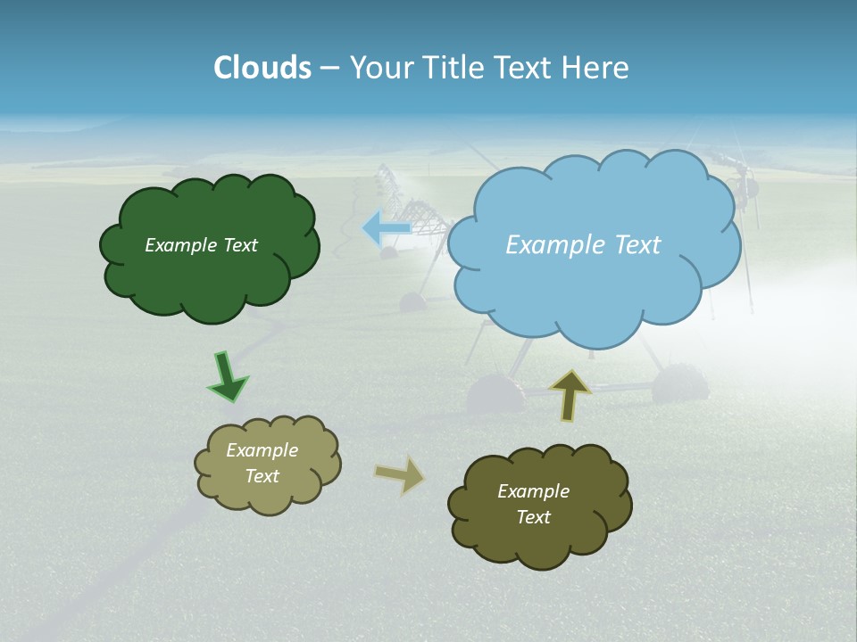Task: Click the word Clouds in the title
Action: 262,68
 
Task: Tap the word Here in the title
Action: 597,68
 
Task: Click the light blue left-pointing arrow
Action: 386,228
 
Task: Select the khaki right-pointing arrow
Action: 400,474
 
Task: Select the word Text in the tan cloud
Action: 262,476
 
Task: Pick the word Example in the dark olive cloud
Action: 533,491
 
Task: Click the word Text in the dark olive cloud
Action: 533,517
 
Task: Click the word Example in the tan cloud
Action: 262,450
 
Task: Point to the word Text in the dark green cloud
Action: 239,245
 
